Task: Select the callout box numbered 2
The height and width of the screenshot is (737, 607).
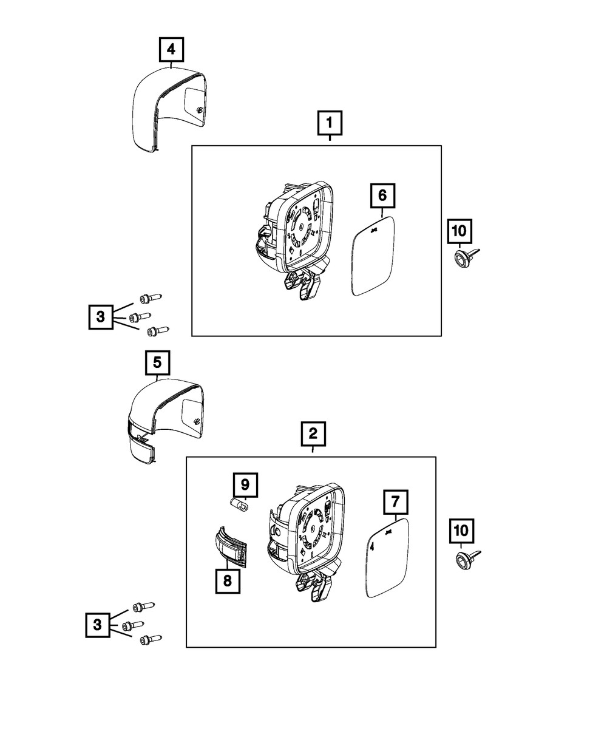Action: coord(313,434)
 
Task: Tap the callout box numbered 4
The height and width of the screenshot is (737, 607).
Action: coord(172,49)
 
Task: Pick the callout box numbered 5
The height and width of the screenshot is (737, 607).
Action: coord(157,363)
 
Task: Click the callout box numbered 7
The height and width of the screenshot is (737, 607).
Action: coord(395,502)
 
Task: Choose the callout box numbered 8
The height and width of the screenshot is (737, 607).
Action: coord(227,581)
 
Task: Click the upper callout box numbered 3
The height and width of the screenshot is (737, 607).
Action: coord(101,316)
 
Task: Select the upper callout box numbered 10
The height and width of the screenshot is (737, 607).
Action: coord(459,231)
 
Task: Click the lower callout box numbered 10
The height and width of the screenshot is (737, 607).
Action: coord(461,531)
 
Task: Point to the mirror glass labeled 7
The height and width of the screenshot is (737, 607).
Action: coord(388,559)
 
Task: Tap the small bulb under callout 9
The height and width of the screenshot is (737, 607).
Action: coord(240,505)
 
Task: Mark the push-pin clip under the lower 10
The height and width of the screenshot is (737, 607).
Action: coord(466,559)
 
